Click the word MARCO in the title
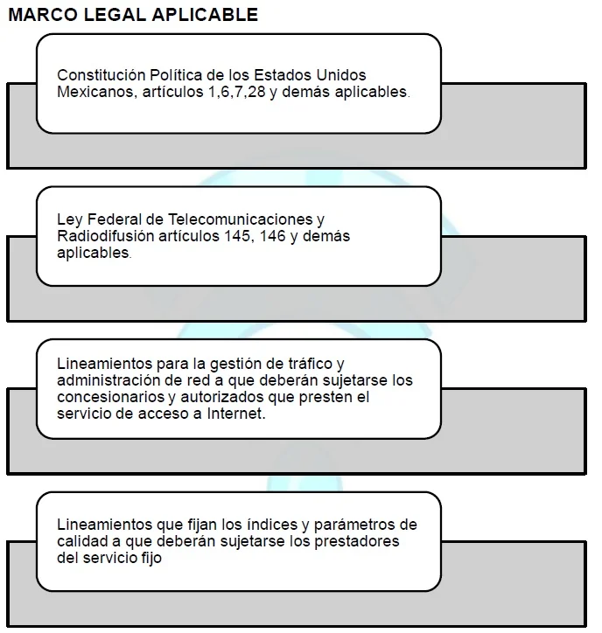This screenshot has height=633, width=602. (43, 15)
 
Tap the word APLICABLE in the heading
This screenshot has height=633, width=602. (205, 15)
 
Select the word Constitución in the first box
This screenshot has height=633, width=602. (101, 75)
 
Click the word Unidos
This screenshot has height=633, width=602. (341, 75)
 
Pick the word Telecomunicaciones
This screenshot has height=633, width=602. (240, 219)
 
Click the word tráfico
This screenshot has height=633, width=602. (310, 364)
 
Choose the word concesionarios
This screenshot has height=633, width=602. (111, 397)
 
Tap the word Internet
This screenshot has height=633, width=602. (236, 414)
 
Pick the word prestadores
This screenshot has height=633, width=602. (357, 542)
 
